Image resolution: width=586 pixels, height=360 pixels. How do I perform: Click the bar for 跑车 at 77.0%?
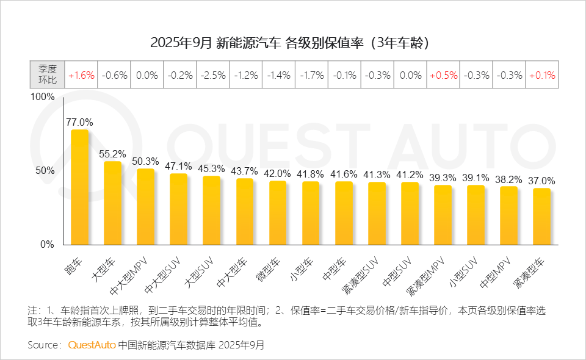click(80, 187)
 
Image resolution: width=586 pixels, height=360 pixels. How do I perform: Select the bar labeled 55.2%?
click(113, 203)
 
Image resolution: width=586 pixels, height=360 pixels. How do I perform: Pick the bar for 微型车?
click(278, 212)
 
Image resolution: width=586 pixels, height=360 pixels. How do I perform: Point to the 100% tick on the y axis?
click(43, 98)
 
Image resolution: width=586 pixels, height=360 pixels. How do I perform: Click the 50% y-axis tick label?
click(45, 171)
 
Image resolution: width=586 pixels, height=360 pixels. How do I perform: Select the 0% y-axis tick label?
click(48, 245)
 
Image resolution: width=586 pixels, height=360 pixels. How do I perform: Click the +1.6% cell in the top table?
click(81, 76)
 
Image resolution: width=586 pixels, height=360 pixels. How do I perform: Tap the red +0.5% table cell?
click(443, 76)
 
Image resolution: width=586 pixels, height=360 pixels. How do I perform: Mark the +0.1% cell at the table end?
click(542, 76)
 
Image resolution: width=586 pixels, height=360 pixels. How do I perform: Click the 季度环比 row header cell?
click(48, 76)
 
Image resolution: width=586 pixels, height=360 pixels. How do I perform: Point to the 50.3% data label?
click(145, 162)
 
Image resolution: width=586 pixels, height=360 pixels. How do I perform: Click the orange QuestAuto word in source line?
click(92, 345)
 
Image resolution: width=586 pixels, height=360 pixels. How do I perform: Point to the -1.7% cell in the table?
click(311, 76)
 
